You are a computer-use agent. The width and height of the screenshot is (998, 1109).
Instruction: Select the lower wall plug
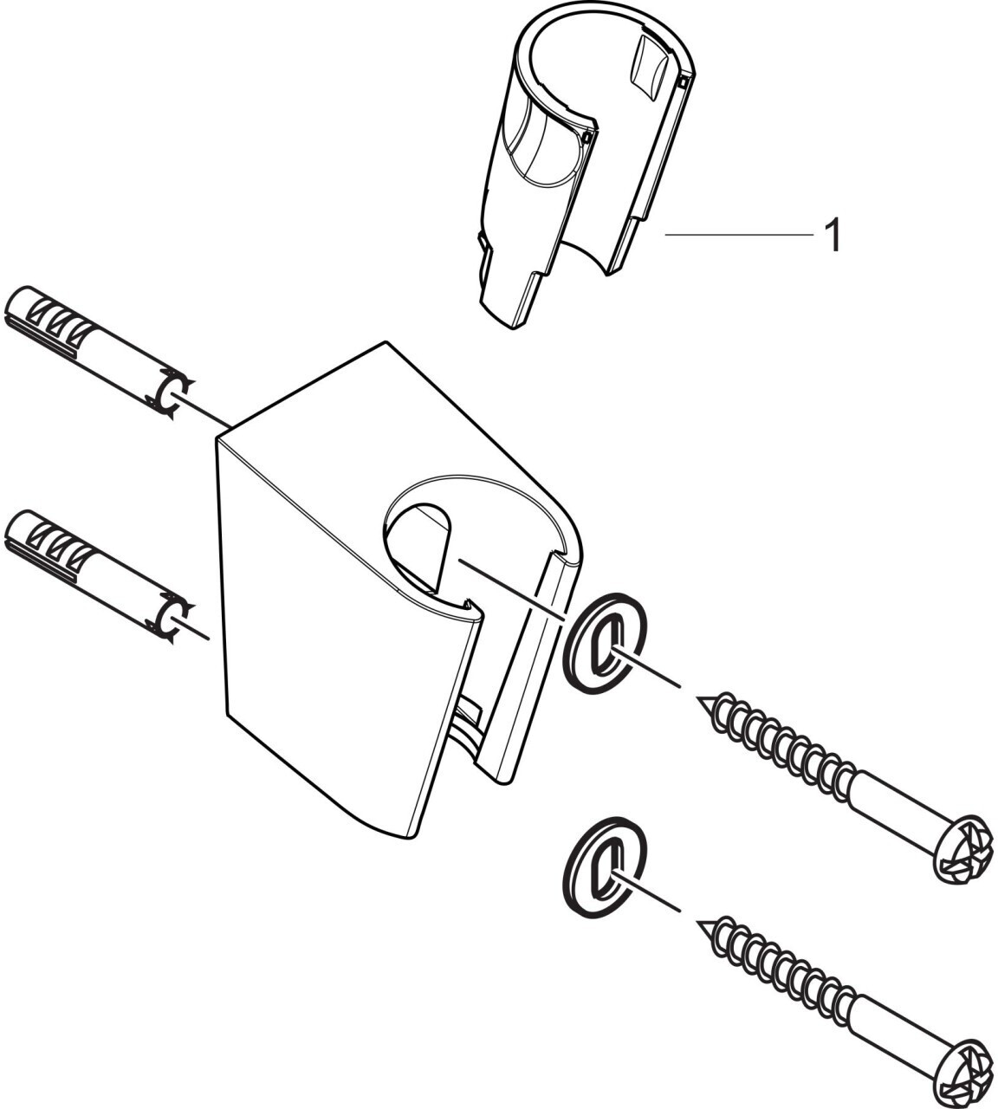(x=95, y=571)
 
